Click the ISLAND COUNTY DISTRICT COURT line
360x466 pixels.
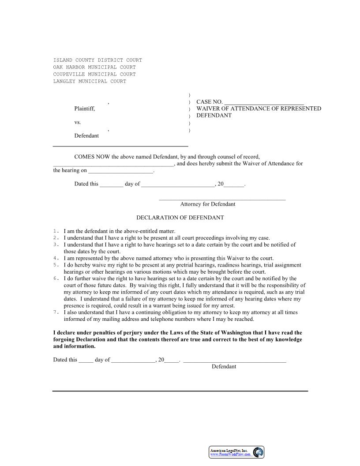(x=97, y=60)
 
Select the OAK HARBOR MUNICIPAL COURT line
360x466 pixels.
(x=94, y=67)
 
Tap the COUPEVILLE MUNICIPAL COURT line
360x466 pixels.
(x=94, y=74)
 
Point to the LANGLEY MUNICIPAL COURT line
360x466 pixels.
(x=90, y=81)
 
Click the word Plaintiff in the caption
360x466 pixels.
(x=84, y=109)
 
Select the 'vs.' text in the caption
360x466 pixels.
(x=78, y=122)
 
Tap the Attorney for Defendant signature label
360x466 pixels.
(x=208, y=204)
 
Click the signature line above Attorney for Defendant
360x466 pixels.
(x=222, y=199)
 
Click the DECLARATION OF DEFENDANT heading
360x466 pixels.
(x=180, y=218)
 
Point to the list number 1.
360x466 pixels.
(x=56, y=231)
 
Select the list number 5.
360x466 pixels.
(x=56, y=265)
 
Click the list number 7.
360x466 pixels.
(x=56, y=312)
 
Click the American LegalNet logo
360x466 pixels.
(x=236, y=452)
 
